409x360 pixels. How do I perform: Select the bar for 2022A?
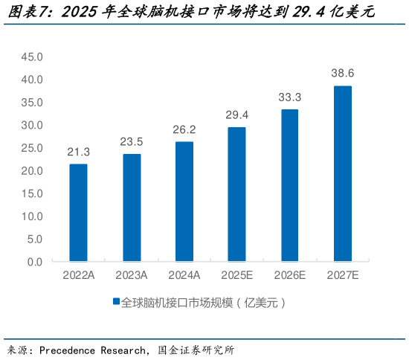[x=78, y=213]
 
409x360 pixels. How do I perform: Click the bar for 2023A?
[x=132, y=208]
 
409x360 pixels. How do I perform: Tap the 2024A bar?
[x=184, y=202]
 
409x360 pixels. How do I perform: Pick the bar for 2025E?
[x=236, y=194]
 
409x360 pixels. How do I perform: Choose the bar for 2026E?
[x=289, y=185]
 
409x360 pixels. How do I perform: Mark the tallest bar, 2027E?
[x=342, y=173]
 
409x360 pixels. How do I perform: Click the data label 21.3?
[x=78, y=152]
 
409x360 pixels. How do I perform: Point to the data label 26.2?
[x=184, y=129]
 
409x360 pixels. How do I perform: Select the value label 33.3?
[x=289, y=97]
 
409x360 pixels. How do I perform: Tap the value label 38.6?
[x=342, y=73]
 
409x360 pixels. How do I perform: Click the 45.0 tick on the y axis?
[x=33, y=57]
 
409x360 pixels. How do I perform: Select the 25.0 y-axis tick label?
[x=33, y=148]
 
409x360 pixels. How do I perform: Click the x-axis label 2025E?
[x=236, y=275]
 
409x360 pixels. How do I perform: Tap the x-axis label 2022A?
[x=78, y=275]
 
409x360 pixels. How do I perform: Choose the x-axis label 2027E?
[x=342, y=275]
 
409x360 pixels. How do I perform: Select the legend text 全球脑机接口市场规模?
[x=183, y=303]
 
